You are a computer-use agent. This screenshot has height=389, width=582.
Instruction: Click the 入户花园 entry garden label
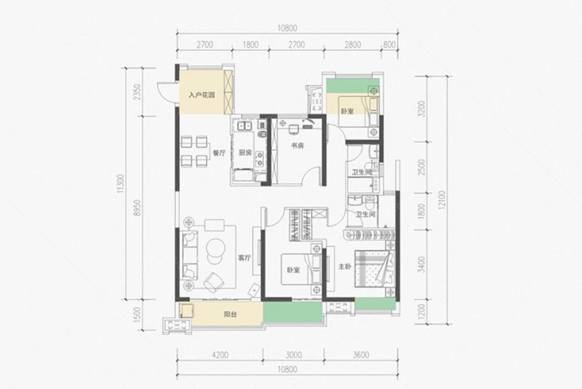[202, 95]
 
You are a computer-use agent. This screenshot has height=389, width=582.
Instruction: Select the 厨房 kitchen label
[244, 152]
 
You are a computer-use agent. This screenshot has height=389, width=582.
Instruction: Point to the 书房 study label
[298, 145]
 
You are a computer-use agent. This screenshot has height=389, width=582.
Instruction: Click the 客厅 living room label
[244, 258]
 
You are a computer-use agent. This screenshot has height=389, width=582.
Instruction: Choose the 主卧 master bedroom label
[344, 267]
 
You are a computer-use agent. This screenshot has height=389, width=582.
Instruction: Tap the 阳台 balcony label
[230, 314]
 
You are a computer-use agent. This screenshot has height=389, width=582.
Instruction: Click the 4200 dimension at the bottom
[220, 355]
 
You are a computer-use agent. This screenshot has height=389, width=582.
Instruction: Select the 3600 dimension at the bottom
[360, 355]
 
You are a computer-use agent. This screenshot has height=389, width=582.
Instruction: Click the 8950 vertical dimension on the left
[137, 208]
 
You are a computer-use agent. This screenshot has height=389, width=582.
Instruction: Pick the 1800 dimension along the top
[250, 45]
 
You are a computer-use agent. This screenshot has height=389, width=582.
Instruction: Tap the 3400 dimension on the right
[421, 264]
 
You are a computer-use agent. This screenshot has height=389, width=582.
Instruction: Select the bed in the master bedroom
[374, 268]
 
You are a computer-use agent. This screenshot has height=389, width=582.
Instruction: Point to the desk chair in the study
[294, 129]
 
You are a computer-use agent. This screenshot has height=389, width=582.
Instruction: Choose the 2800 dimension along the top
[352, 45]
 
